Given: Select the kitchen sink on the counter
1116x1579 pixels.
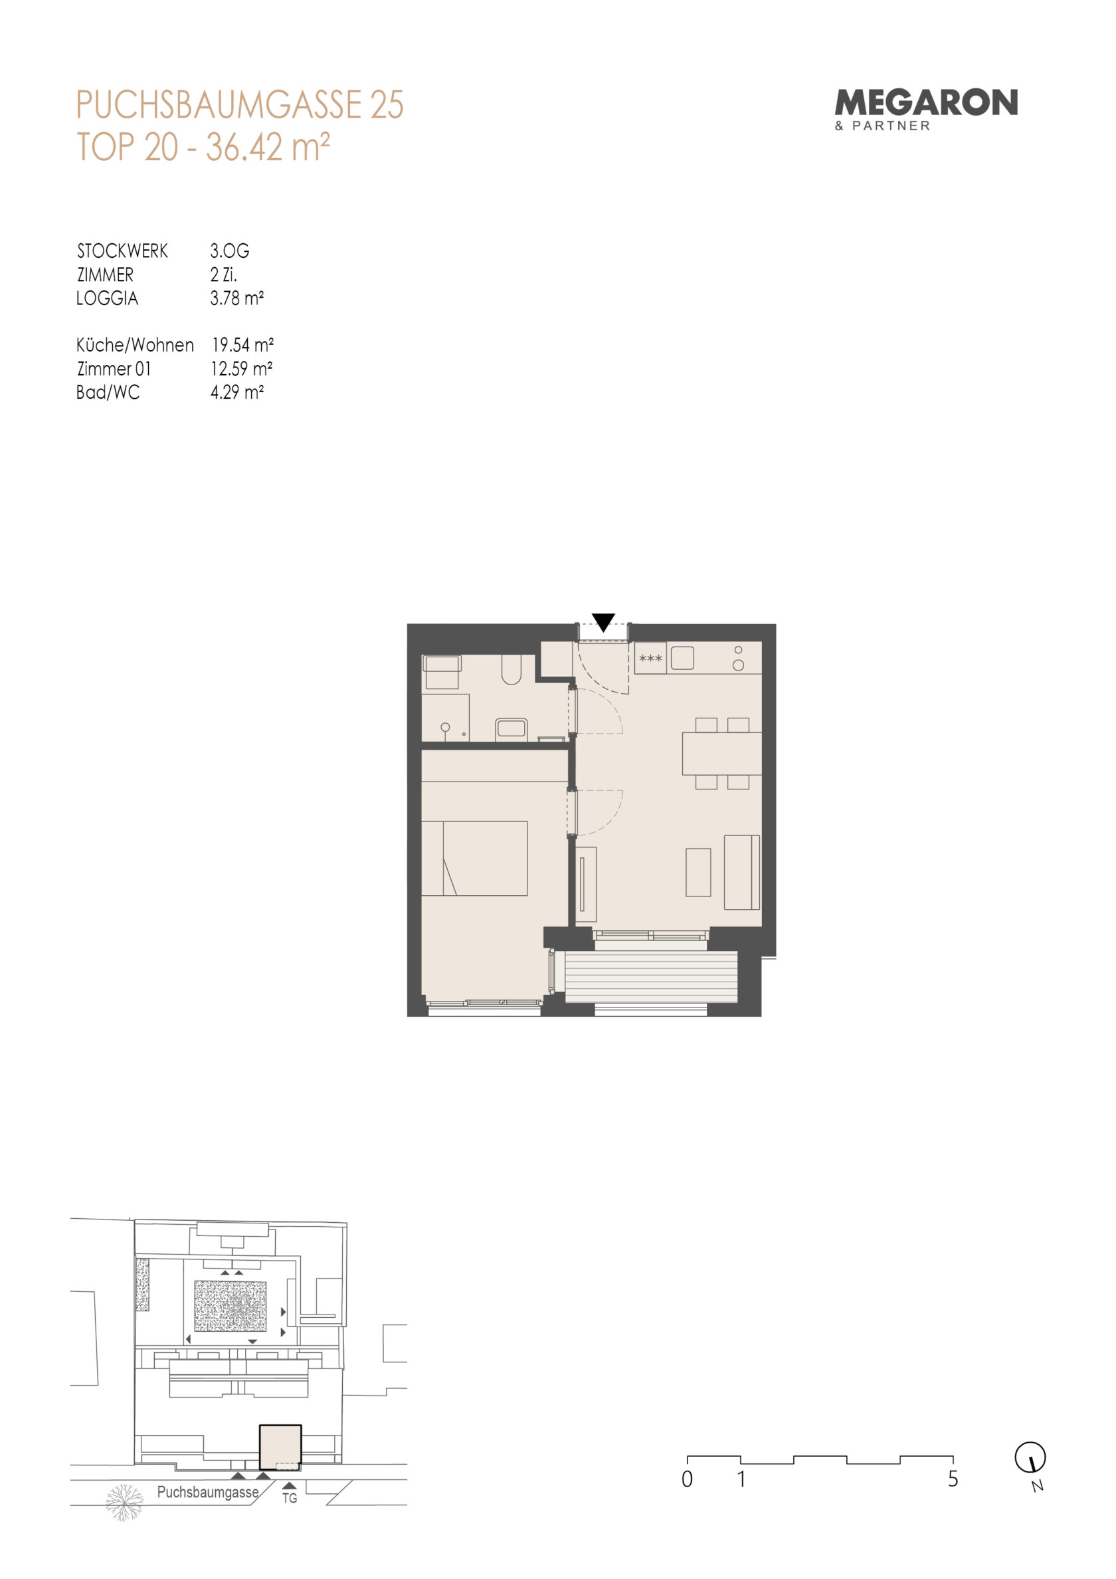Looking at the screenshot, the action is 682,658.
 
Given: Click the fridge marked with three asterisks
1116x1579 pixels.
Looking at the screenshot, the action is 650,658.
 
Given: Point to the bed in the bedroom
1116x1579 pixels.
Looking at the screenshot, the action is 474,858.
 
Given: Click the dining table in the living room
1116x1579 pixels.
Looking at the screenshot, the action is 721,754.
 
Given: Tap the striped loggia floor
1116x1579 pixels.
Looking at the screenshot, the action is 650,976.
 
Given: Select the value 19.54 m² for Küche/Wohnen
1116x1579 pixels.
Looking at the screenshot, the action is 242,344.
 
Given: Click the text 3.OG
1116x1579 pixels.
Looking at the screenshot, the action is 230,251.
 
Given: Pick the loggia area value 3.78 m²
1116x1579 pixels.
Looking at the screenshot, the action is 237,298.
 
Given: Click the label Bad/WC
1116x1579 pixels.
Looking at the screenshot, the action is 108,392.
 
